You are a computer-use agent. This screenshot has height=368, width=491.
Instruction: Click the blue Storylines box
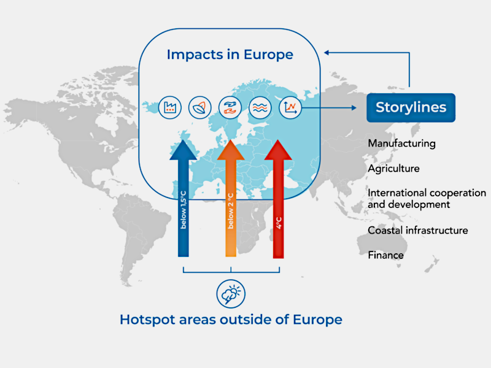point(411,108)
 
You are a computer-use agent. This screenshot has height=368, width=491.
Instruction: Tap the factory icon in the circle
point(170,108)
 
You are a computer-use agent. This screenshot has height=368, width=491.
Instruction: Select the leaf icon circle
point(200,108)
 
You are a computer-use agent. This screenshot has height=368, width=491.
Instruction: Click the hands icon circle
point(230,108)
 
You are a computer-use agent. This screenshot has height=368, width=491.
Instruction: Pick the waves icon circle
point(260,108)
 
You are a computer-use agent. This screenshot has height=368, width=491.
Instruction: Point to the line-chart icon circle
point(290,108)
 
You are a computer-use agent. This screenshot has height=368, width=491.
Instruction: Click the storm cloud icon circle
point(231,294)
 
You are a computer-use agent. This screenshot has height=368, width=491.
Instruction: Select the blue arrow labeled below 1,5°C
point(184,198)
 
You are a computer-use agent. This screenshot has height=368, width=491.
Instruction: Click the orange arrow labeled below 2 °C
point(231,198)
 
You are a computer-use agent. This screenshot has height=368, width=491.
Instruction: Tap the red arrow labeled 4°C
point(278,199)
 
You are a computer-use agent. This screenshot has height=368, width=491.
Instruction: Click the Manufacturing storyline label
point(402,144)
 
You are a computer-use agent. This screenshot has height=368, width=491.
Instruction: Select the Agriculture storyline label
point(393,169)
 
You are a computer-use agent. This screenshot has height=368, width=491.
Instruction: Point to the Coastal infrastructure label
point(418,231)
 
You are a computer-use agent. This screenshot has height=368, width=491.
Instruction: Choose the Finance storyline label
point(386,255)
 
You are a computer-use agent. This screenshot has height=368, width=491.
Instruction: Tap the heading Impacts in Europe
point(230,55)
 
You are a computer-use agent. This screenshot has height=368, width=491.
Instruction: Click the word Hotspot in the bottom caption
point(147,320)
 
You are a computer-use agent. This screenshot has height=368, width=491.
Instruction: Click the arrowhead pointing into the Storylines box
point(354,108)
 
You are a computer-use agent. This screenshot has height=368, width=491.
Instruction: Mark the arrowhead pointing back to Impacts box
point(327,53)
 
